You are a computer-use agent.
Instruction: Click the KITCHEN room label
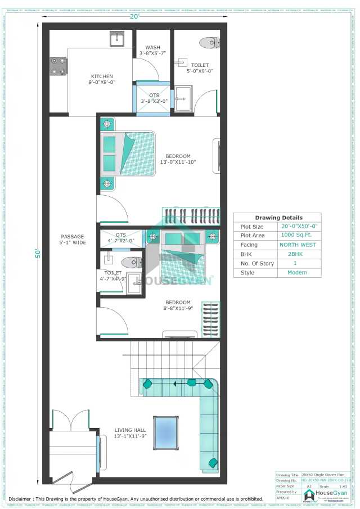(102, 79)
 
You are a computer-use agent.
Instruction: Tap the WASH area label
(152, 50)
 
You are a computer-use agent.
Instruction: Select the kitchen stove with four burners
(59, 65)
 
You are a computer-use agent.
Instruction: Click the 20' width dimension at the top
(135, 17)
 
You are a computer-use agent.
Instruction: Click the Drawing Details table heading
(278, 218)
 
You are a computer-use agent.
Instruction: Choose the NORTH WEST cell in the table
(298, 245)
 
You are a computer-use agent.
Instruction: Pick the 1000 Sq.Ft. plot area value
(298, 236)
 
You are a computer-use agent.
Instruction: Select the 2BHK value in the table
(298, 254)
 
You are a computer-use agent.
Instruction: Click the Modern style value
(298, 273)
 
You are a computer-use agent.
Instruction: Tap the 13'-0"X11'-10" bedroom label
(178, 159)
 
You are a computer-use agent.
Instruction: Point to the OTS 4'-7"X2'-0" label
(121, 238)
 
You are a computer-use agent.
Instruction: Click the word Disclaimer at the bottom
(26, 498)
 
